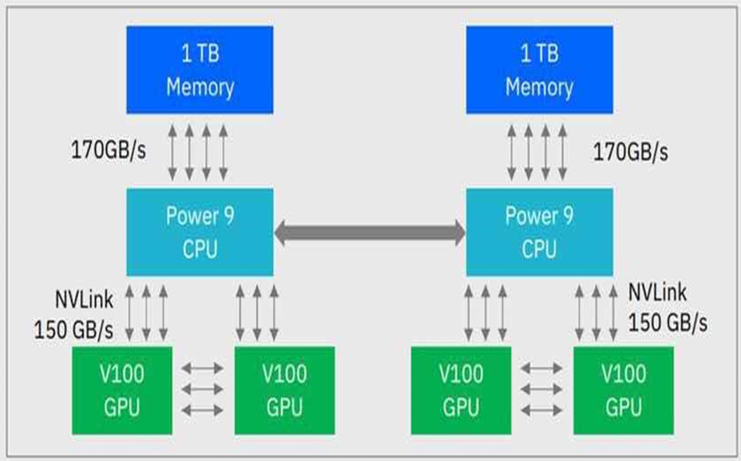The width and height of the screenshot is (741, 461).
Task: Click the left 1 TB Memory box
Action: (200, 70)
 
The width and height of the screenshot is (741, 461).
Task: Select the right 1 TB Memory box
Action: (539, 70)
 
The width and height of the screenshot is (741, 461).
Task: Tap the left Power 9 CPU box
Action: (200, 232)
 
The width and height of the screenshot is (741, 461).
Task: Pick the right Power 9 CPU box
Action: (539, 232)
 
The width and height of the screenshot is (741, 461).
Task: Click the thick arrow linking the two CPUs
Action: (370, 233)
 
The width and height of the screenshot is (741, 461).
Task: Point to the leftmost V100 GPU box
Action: (122, 391)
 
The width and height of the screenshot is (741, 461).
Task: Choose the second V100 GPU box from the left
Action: (284, 391)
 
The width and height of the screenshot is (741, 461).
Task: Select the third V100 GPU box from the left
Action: (461, 391)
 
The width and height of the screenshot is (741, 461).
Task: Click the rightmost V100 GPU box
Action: (623, 391)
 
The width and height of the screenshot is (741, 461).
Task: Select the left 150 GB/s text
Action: (74, 328)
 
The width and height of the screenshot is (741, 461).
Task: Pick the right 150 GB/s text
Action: (668, 322)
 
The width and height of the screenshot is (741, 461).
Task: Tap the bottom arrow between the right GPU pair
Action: (542, 410)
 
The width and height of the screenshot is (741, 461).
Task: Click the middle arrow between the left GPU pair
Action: (203, 390)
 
